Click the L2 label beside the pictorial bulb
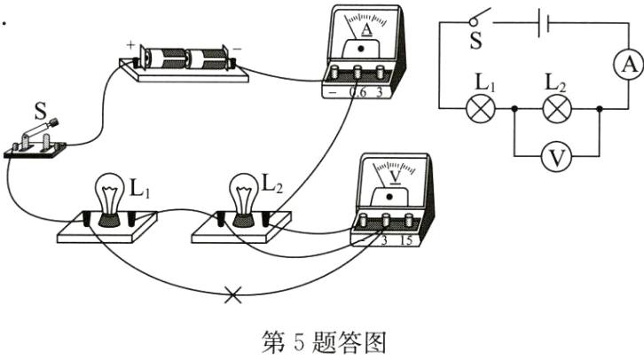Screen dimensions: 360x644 272,185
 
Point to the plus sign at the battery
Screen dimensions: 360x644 130,43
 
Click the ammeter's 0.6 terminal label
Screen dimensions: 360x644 358,90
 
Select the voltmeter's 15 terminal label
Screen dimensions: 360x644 406,241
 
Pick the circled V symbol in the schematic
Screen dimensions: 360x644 558,158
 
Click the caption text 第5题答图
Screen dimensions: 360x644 323,341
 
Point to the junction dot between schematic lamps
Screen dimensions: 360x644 516,109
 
